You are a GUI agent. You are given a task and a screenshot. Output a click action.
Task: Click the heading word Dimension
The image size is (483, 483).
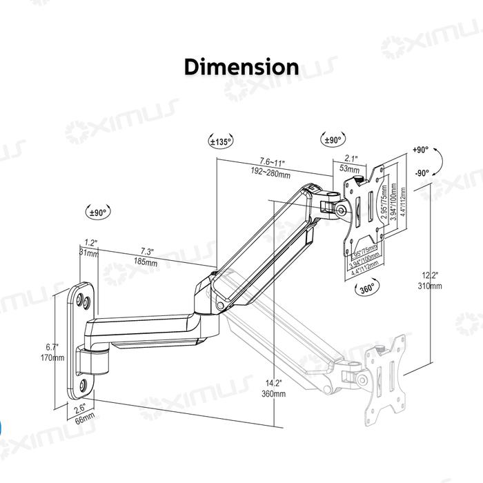click(241, 67)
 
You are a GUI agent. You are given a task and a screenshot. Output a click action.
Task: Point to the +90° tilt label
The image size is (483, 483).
click(420, 150)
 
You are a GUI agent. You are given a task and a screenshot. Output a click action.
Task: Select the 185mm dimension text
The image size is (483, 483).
click(146, 263)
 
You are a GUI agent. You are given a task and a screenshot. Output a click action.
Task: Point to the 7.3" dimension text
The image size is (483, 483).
click(147, 251)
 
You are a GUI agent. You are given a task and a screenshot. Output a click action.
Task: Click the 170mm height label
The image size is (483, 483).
click(53, 358)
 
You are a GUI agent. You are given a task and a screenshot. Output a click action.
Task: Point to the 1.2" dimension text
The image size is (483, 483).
click(90, 243)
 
